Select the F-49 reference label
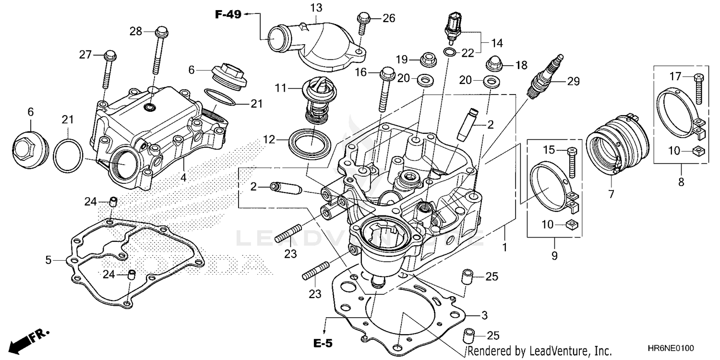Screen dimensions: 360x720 click(228, 15)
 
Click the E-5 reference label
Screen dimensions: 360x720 click(323, 343)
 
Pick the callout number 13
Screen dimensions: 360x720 click(316, 8)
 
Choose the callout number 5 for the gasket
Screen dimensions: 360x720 click(48, 260)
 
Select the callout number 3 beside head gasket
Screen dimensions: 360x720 click(484, 315)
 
